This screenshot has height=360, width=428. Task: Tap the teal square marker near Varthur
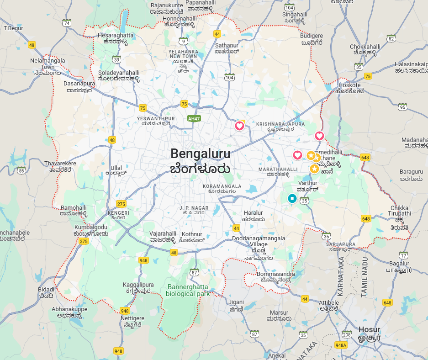pos(292,198)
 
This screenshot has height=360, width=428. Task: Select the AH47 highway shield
pos(194,118)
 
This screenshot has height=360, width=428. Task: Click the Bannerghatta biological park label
pos(188,290)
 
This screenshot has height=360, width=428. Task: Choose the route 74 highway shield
pos(67,23)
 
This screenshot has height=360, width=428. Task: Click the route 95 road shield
pos(402,107)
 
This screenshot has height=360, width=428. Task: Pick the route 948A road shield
pos(340,345)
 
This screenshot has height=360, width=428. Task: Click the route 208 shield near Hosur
pos(347,335)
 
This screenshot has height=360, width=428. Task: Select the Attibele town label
pos(329,305)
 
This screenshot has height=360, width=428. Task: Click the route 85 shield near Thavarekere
pos(21,170)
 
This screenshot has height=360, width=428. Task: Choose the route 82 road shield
pos(391,39)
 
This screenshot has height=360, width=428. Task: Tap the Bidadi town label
pos(46,292)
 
